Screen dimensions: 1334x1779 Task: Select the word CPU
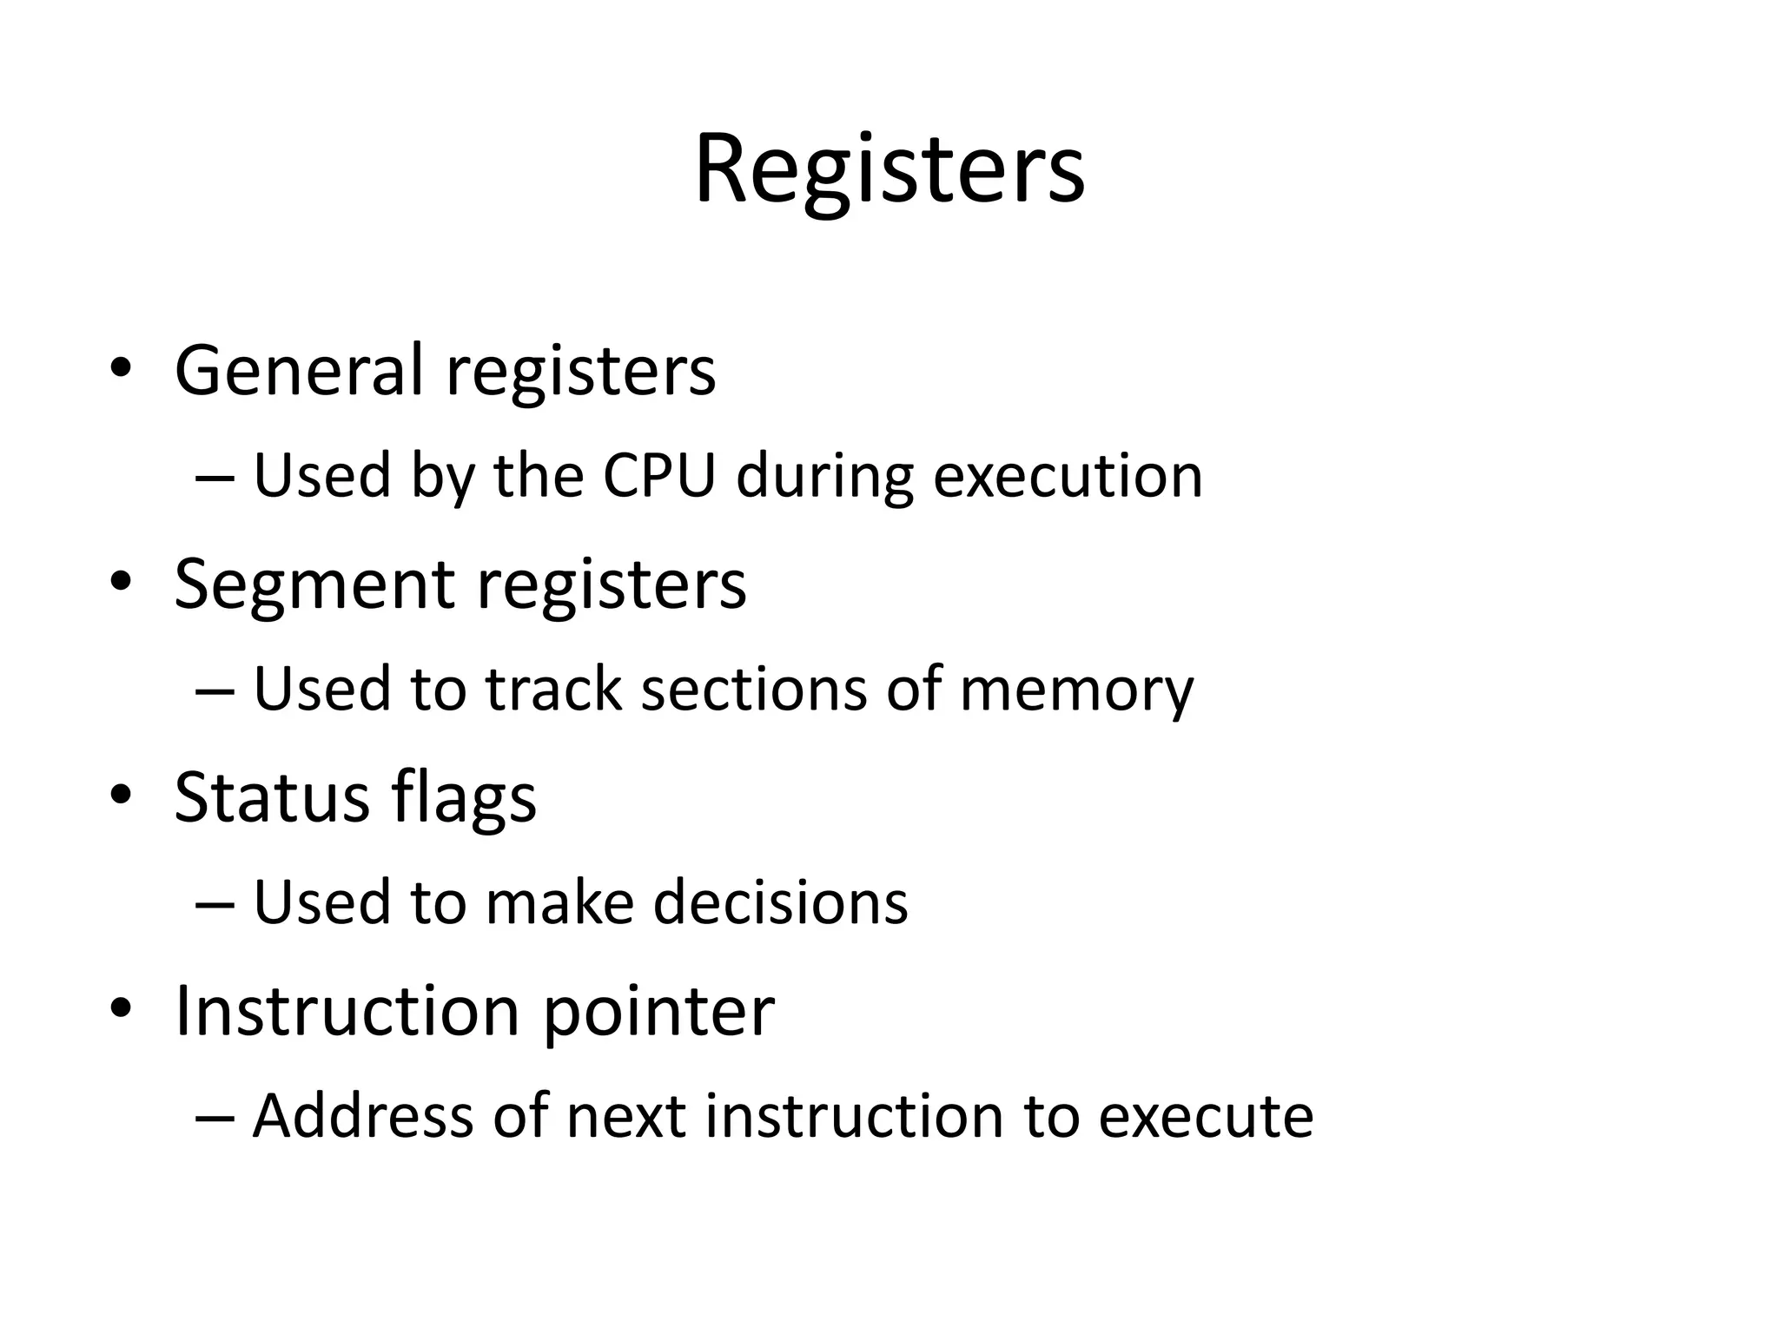[659, 477]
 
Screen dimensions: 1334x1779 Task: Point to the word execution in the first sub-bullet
[1068, 477]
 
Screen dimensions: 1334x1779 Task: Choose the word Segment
[314, 584]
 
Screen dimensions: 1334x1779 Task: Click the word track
[554, 690]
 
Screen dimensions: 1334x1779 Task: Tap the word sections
[754, 690]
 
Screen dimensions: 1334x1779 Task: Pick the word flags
[464, 798]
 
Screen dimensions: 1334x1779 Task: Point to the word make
[559, 902]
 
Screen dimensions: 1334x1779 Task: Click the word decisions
[780, 902]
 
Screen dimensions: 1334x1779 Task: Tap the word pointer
[658, 1012]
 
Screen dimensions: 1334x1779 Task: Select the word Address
[363, 1116]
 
